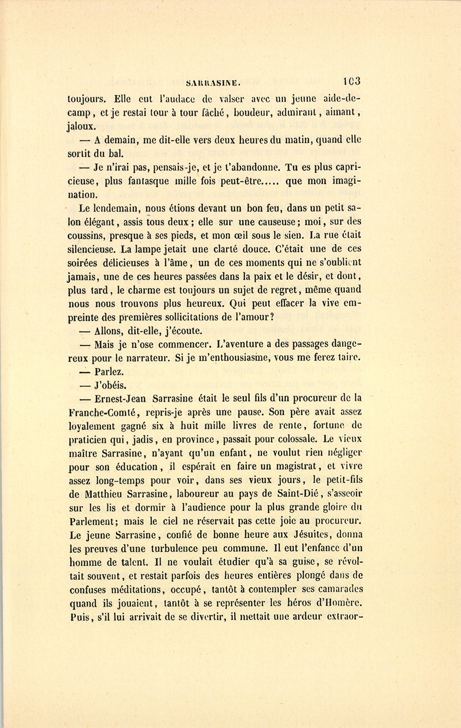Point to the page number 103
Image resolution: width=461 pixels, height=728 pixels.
pos(352,81)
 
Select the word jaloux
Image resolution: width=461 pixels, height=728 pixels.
pos(81,126)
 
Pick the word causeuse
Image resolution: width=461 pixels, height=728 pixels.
pos(274,222)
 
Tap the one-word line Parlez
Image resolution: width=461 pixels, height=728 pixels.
pos(109,372)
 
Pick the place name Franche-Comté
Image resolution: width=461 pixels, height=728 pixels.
pos(100,412)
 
